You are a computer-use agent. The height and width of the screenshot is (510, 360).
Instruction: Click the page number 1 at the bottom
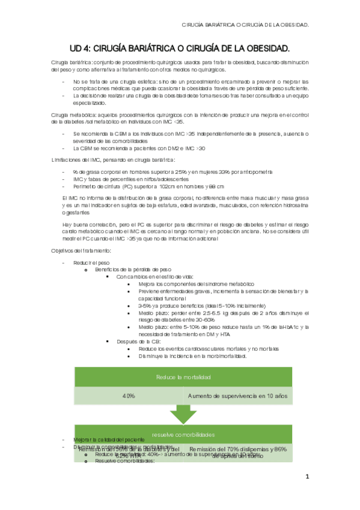tap(307, 477)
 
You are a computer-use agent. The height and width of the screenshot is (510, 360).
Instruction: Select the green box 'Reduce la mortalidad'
tap(183, 377)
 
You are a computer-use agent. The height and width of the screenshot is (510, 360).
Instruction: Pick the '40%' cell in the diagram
tap(128, 396)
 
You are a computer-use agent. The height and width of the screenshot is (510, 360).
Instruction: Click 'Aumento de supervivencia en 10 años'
tap(238, 396)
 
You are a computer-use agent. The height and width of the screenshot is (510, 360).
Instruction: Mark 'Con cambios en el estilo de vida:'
tap(155, 277)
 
